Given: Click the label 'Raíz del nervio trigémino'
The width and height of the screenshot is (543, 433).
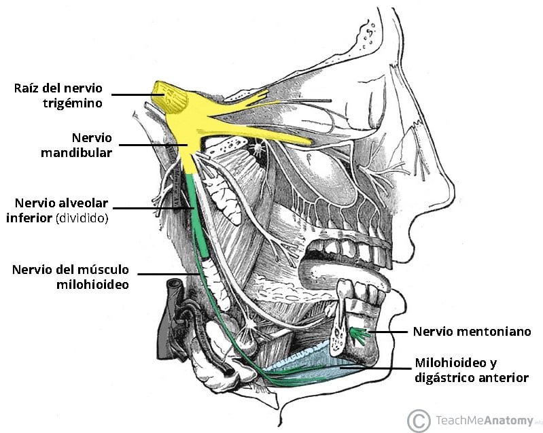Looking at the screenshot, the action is (58, 96).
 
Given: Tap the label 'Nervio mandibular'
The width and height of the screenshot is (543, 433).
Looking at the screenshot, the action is (77, 145).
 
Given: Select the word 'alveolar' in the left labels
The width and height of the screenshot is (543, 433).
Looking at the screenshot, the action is (86, 203).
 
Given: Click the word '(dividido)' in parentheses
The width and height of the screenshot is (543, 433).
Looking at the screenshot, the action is (82, 218).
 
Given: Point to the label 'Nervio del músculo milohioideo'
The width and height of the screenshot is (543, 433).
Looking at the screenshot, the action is (70, 277).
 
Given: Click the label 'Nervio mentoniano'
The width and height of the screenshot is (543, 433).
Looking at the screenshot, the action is (472, 332).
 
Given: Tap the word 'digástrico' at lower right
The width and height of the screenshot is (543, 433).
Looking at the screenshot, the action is (444, 377).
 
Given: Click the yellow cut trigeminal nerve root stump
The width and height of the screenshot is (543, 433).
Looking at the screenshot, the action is (170, 97).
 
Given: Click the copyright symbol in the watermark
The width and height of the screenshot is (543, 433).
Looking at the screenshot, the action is (419, 421).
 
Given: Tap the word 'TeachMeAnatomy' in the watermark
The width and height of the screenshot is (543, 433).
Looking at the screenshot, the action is (485, 421).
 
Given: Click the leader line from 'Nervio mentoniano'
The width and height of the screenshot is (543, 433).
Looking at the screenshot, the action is (388, 332).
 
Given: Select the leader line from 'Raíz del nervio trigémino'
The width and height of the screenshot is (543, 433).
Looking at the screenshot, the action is (137, 94).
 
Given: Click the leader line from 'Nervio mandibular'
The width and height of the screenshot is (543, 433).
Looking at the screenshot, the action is (153, 145).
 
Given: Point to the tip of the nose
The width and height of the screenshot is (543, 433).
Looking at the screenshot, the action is (454, 189).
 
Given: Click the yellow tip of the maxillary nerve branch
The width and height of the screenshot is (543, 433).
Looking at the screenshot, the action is (309, 141).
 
